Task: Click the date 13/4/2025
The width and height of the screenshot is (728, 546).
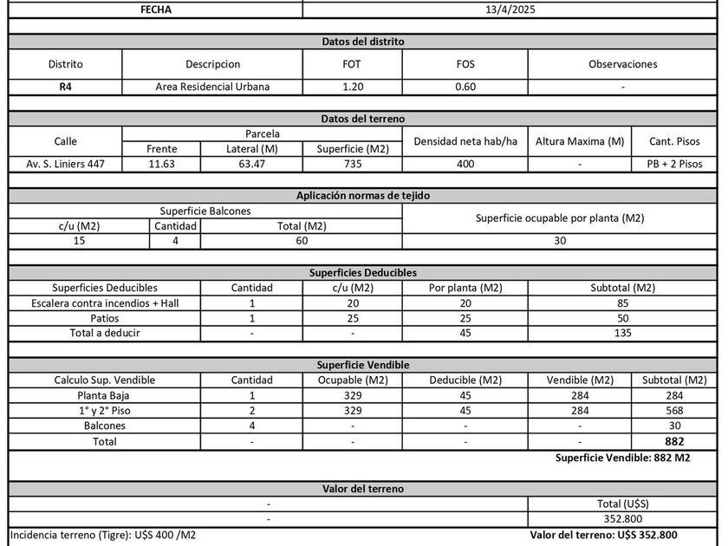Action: click(510, 10)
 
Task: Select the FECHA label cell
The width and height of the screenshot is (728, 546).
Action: click(155, 10)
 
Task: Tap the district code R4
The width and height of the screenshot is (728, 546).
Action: click(65, 87)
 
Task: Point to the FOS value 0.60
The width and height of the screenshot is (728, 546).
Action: click(465, 87)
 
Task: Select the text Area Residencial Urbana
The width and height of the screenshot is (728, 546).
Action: click(212, 87)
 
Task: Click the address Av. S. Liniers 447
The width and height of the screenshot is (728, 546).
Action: click(65, 164)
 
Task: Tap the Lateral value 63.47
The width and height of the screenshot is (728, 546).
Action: click(251, 164)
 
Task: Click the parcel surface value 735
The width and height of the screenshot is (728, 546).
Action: click(353, 164)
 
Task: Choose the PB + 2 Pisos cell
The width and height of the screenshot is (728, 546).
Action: click(673, 164)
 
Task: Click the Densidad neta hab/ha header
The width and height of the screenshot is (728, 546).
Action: click(465, 140)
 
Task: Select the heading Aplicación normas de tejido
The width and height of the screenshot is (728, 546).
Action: click(362, 195)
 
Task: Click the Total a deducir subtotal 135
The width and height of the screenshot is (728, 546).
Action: click(622, 333)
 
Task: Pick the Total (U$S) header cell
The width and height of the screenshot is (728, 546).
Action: click(622, 503)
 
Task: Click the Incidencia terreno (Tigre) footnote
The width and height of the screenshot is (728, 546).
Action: click(103, 535)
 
